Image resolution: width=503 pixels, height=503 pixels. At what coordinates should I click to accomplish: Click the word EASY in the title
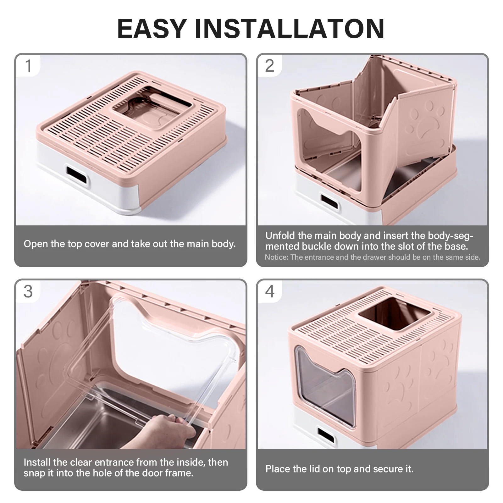152,29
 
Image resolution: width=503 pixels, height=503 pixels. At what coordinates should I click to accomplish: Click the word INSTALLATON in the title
290,29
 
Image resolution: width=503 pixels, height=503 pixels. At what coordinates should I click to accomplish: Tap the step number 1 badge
29,66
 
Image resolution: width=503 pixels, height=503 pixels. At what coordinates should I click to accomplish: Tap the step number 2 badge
270,66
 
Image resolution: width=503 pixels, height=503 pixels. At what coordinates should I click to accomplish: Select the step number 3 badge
28,291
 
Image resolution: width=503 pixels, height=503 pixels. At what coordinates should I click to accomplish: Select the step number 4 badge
270,291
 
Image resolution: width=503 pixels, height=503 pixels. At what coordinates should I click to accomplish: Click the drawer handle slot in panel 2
329,202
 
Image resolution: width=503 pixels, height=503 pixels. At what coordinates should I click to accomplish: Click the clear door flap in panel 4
325,387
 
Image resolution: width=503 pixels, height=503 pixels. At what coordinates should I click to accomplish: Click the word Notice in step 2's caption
276,257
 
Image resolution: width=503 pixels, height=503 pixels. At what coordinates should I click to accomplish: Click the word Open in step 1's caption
34,244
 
